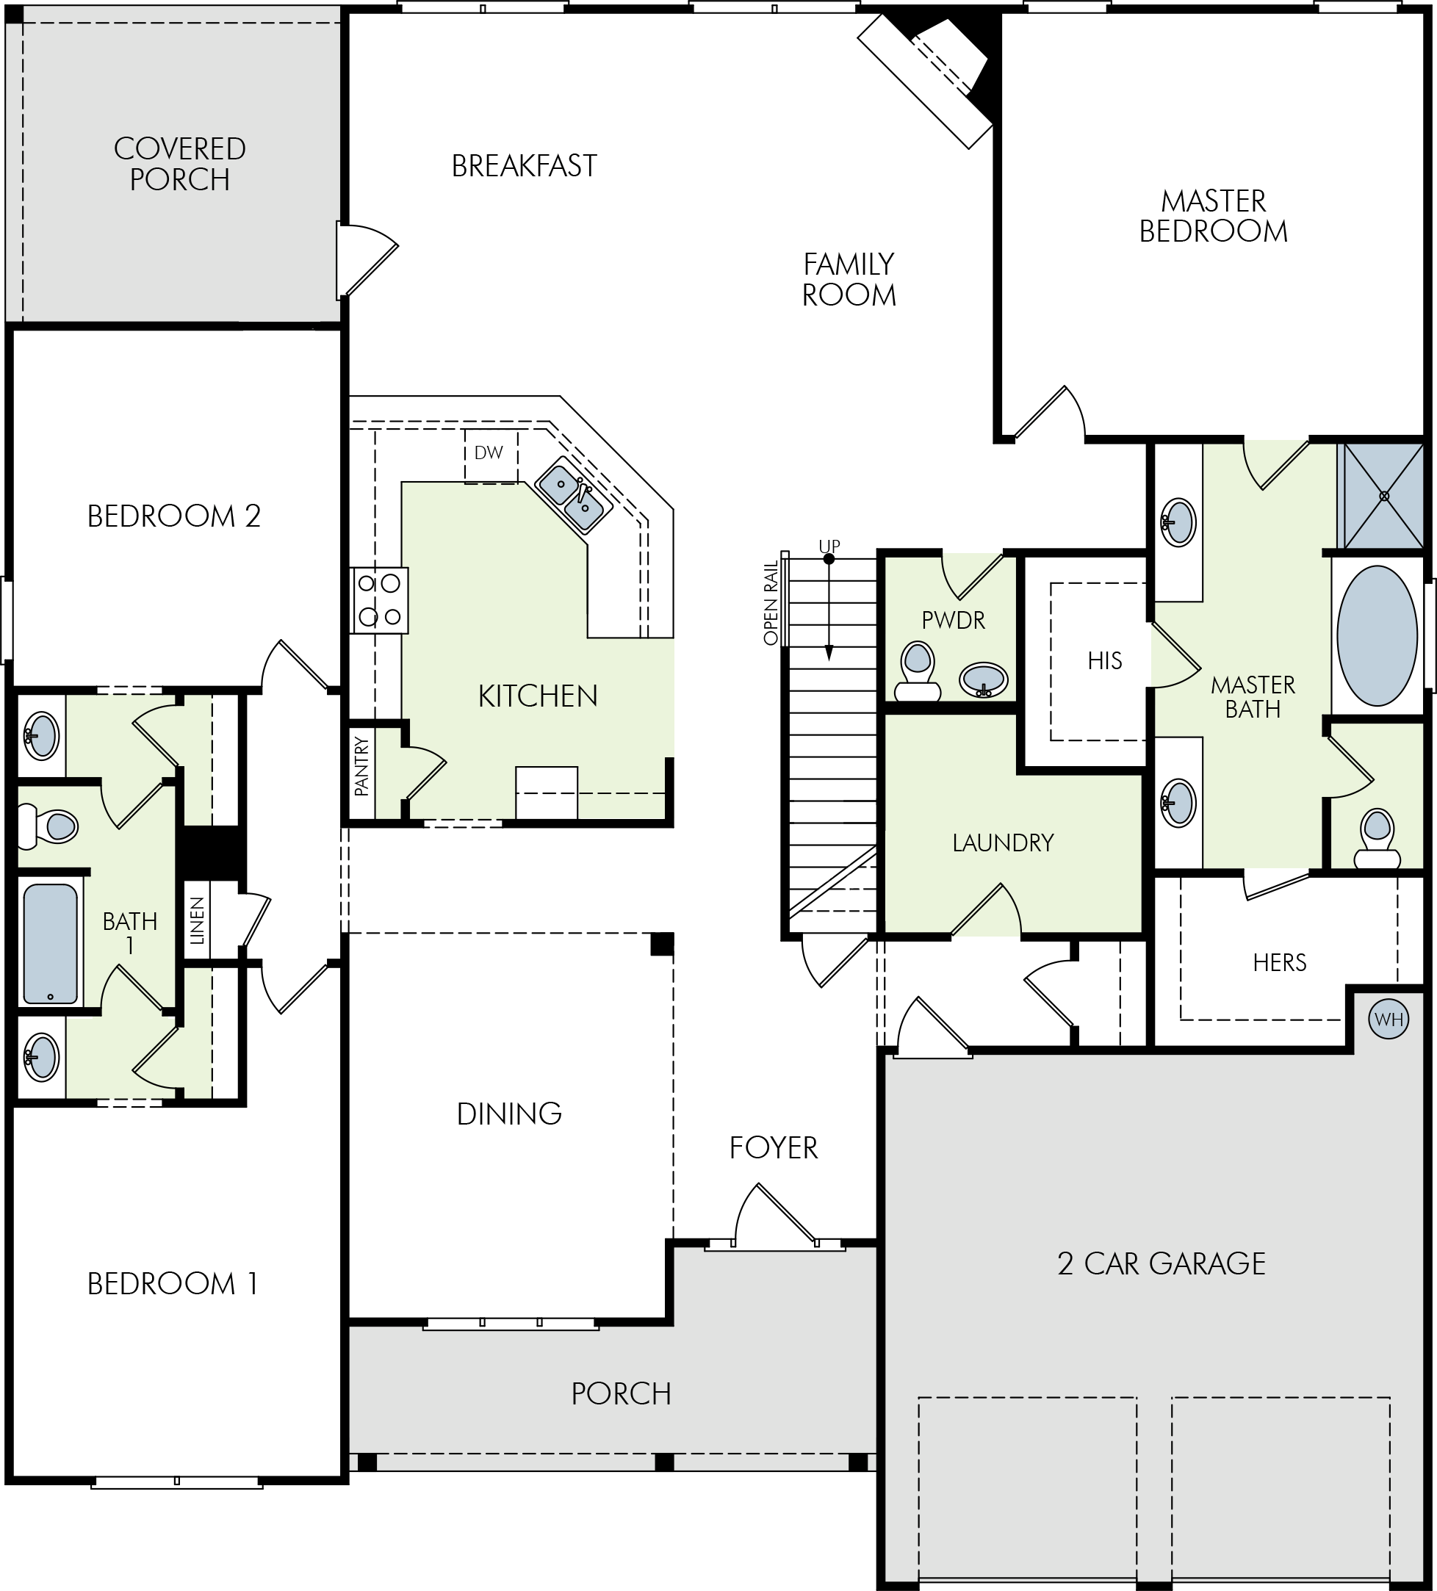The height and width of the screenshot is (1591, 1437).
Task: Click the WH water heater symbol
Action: [x=1388, y=1019]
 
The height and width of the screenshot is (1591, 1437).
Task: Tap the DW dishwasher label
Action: [x=489, y=453]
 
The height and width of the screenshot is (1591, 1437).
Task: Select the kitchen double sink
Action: [x=574, y=496]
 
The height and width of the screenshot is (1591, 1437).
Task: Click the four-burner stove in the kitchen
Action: [x=379, y=600]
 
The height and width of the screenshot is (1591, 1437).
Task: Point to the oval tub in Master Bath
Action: [x=1377, y=635]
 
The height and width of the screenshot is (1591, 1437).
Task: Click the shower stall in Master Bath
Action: [x=1383, y=496]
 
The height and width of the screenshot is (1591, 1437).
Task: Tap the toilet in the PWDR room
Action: [x=917, y=671]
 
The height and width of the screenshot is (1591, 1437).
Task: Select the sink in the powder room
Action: [x=983, y=679]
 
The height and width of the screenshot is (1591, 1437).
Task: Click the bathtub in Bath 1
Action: [x=51, y=944]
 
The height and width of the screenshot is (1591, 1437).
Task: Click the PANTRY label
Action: [x=361, y=765]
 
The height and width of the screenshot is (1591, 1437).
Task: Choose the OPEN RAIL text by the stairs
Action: [x=771, y=602]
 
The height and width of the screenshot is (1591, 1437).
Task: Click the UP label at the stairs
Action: [x=829, y=545]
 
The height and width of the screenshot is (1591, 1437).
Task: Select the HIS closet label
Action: [x=1104, y=660]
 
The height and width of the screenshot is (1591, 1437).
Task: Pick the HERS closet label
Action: [x=1279, y=962]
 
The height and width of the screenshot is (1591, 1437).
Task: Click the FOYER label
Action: [x=774, y=1147]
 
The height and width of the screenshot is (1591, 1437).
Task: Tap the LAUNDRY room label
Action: [x=1003, y=843]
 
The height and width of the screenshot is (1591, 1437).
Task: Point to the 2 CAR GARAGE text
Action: [x=1161, y=1263]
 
